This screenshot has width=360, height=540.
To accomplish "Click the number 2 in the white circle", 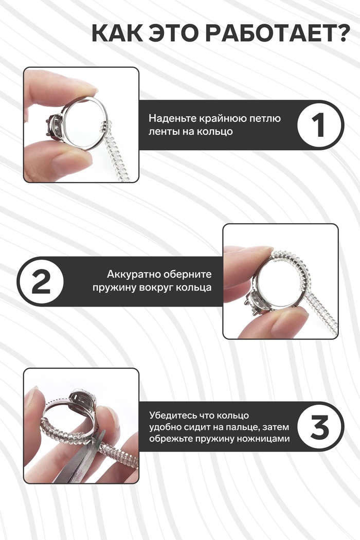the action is tap(41, 282).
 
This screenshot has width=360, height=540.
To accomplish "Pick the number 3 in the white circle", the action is tap(320, 426).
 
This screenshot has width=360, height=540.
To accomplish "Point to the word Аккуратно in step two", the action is tap(134, 275).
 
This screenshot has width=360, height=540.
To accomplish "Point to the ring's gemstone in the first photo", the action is tap(55, 125).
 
